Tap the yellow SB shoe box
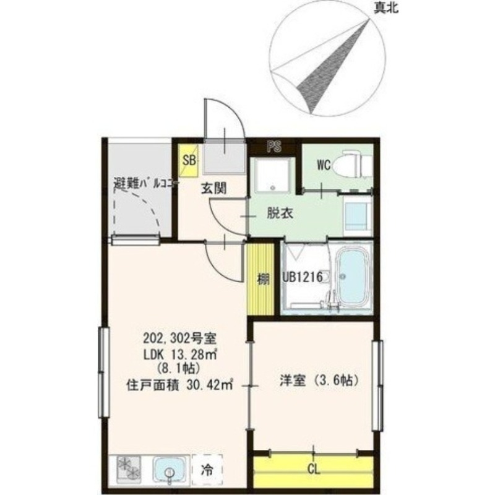pyautogui.click(x=189, y=159)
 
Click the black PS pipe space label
pyautogui.click(x=274, y=147)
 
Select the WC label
pyautogui.click(x=324, y=165)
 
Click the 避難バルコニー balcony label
pyautogui.click(x=146, y=184)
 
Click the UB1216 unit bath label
pyautogui.click(x=303, y=278)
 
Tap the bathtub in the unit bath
pyautogui.click(x=353, y=279)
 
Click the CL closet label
pyautogui.click(x=314, y=470)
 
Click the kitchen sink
pyautogui.click(x=169, y=470)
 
